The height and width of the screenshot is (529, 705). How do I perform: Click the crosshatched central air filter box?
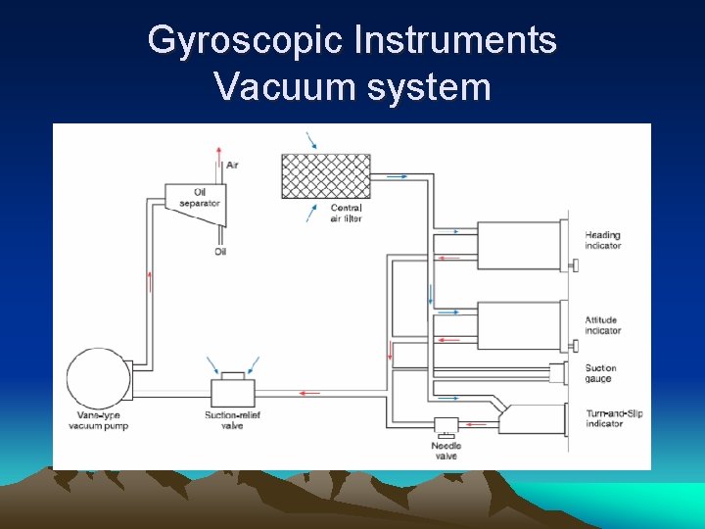326,176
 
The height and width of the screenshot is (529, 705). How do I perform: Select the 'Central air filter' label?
347,213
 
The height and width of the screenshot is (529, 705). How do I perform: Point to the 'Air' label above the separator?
232,165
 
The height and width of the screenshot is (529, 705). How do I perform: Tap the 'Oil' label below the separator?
220,252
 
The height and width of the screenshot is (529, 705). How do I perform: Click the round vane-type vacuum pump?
96,378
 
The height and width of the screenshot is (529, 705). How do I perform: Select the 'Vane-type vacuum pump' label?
98,420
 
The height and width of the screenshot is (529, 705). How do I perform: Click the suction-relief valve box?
233,392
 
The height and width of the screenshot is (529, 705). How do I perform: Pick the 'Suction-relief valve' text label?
233,420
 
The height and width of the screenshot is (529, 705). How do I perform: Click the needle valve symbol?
446,425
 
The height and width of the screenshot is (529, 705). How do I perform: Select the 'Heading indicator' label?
603,240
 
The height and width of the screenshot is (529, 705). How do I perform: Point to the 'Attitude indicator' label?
603,325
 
